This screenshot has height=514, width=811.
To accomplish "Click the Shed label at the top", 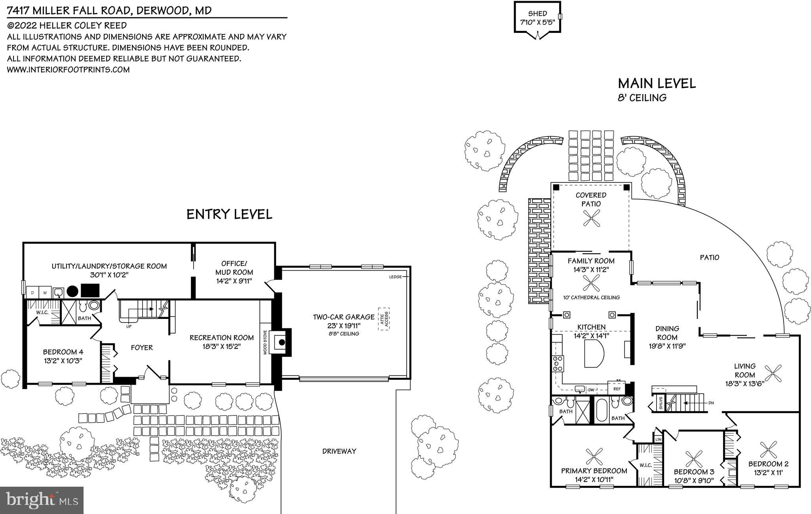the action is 537,13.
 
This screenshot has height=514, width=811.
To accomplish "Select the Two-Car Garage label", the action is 343,317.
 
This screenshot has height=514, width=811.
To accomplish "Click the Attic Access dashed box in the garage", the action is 384,319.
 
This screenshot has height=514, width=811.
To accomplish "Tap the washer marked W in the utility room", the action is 45,293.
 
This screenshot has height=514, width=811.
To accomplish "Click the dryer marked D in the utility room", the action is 32,293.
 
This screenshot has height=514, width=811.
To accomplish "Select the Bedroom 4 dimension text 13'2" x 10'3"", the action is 63,360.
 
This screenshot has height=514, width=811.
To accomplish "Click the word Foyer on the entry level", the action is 142,347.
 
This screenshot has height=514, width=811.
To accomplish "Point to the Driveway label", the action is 339,451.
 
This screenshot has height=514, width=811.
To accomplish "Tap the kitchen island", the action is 594,353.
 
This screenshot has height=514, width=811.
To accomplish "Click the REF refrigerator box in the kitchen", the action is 617,389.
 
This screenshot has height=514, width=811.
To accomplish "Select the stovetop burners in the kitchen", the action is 558,363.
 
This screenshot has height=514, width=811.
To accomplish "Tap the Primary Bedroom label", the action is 594,471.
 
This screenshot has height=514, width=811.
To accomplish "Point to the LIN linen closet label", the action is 658,440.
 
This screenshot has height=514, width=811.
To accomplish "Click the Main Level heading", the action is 657,83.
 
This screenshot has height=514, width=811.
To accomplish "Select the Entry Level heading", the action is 229,214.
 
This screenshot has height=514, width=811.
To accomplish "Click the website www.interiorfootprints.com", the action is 69,70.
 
